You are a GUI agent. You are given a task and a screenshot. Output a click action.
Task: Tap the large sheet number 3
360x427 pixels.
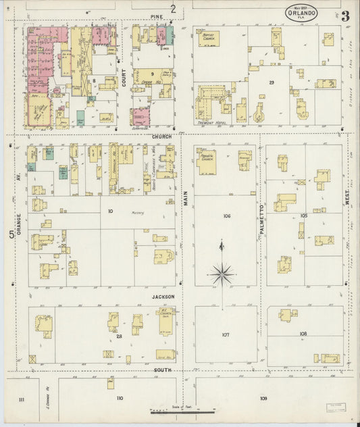(x=345, y=16)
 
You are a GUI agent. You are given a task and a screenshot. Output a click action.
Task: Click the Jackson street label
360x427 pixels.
(x=163, y=297)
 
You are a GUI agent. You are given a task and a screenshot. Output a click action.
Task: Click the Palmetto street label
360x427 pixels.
(x=261, y=216)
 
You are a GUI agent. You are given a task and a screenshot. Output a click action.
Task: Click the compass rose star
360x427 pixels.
(x=222, y=274)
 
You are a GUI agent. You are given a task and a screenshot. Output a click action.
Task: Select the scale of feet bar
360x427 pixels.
(x=182, y=410)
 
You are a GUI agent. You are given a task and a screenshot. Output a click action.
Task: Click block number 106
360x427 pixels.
(x=226, y=216)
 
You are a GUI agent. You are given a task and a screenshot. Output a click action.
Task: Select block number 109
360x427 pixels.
(x=263, y=399)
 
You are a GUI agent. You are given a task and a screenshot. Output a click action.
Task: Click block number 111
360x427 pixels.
(x=22, y=399)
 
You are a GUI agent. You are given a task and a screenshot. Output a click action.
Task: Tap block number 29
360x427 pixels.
(x=271, y=82)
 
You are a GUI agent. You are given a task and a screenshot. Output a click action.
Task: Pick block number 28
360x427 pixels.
(x=119, y=336)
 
